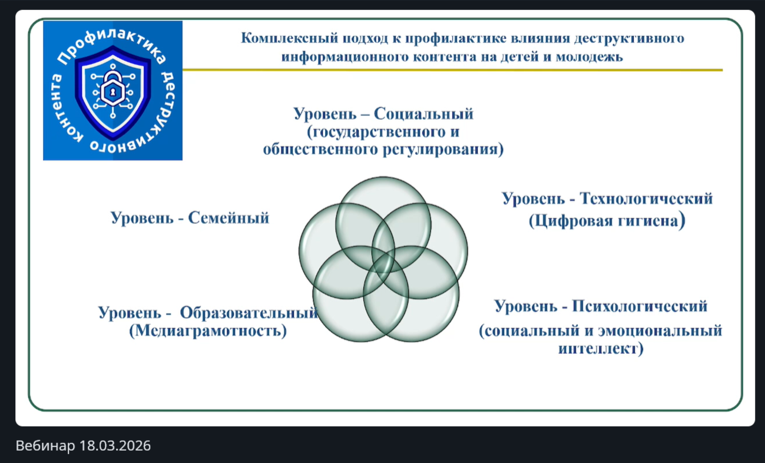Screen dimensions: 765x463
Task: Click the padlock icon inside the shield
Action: (x=112, y=89)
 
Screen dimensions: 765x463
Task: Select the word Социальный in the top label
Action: (x=424, y=114)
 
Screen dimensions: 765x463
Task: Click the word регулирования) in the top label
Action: (x=443, y=150)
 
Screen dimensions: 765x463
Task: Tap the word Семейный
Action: (x=229, y=218)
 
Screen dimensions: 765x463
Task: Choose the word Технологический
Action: (x=647, y=199)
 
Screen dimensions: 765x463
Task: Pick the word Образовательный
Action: (x=249, y=312)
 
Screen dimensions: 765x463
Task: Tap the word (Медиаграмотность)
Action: (x=208, y=331)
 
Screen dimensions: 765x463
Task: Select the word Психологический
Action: (x=640, y=306)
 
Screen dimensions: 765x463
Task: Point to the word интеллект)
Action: (x=601, y=349)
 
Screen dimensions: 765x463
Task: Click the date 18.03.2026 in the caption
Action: (x=115, y=445)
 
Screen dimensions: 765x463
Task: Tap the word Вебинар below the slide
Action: (x=45, y=445)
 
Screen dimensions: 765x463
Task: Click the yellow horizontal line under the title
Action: (x=452, y=70)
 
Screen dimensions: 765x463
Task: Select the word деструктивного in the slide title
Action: (x=629, y=38)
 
